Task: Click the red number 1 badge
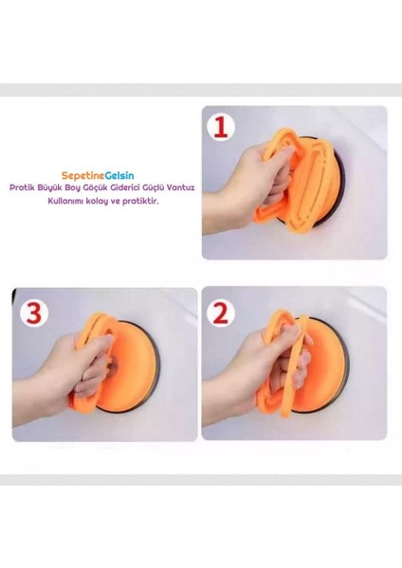[x=222, y=127]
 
